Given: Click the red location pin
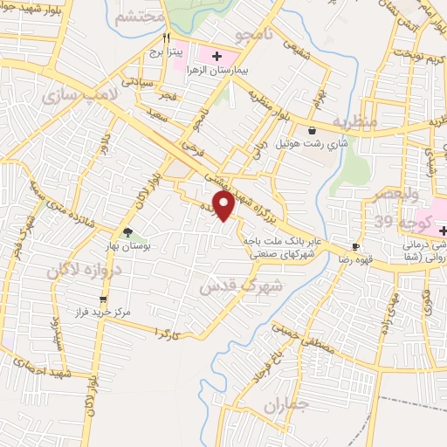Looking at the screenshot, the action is (x=224, y=205).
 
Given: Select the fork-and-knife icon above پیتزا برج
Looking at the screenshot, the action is (x=167, y=38).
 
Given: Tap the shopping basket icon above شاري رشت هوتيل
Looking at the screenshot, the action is (x=313, y=130).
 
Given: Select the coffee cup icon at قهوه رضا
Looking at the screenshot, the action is (x=355, y=246).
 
